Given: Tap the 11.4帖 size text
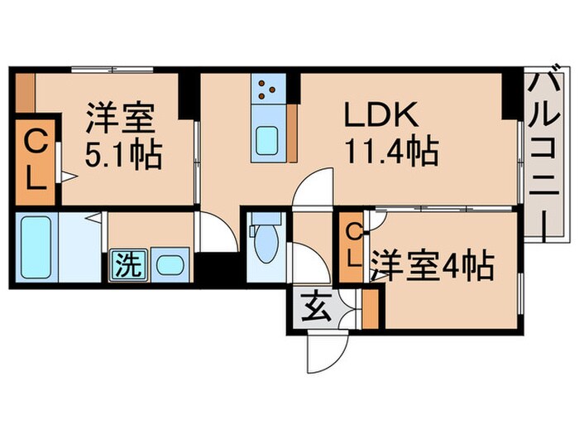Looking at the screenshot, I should click(391, 152).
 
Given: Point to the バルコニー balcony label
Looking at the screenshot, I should click(543, 152).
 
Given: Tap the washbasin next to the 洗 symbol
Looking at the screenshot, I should click(170, 266).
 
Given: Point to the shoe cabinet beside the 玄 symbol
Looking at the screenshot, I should click(370, 308).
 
